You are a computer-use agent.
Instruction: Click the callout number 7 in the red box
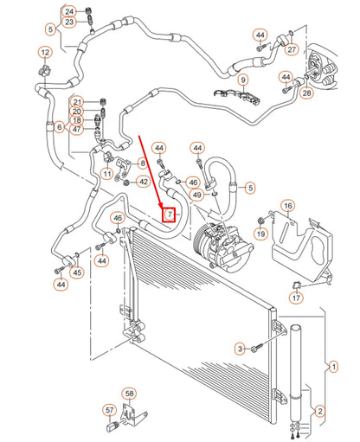tap(170, 213)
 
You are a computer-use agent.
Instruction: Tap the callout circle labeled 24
tap(69, 11)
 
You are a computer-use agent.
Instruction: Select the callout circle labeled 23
tap(69, 22)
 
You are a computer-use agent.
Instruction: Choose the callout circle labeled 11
tap(106, 174)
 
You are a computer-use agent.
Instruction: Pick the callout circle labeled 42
tap(144, 181)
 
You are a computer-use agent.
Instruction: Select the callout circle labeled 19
tap(259, 234)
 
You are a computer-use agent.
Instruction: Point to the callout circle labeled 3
tap(239, 348)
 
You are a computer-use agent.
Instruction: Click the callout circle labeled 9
tap(243, 80)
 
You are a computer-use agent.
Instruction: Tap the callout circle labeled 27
tap(292, 50)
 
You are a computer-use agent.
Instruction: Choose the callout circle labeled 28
tap(305, 93)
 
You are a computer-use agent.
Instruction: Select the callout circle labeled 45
tap(77, 272)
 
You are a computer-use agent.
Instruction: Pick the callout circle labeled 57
tap(110, 410)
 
